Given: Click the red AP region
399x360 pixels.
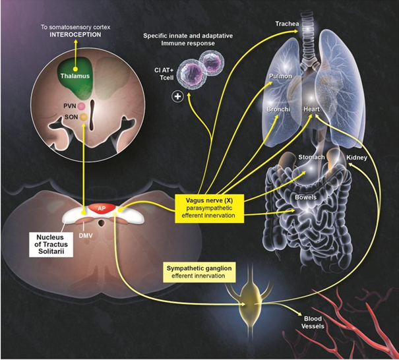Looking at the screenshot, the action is pyautogui.click(x=102, y=208).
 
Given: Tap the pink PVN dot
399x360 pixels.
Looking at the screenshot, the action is pyautogui.click(x=81, y=106).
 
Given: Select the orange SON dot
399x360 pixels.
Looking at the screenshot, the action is pyautogui.click(x=84, y=117).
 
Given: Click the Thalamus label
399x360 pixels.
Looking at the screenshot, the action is pyautogui.click(x=75, y=76).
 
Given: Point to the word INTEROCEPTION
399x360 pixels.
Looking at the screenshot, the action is pyautogui.click(x=75, y=34).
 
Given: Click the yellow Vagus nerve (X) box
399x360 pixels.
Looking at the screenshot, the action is pyautogui.click(x=209, y=208).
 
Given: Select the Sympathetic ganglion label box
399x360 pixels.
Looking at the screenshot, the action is pyautogui.click(x=199, y=272).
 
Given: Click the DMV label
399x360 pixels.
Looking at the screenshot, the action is pyautogui.click(x=86, y=236).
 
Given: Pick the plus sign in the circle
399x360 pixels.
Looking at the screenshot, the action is pyautogui.click(x=177, y=96).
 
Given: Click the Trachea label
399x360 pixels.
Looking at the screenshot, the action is pyautogui.click(x=288, y=24).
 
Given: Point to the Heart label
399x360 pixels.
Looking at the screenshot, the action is pyautogui.click(x=311, y=109).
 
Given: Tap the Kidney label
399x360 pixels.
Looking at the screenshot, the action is pyautogui.click(x=357, y=158).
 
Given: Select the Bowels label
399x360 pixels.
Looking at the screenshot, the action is pyautogui.click(x=305, y=197).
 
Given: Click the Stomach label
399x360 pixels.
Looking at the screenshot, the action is pyautogui.click(x=311, y=157).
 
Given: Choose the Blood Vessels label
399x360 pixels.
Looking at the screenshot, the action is pyautogui.click(x=313, y=322).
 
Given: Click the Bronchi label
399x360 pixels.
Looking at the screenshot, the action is pyautogui.click(x=278, y=109).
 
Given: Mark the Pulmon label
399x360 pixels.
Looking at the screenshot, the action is pyautogui.click(x=280, y=76).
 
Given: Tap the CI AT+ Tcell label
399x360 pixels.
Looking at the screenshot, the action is pyautogui.click(x=164, y=74).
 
